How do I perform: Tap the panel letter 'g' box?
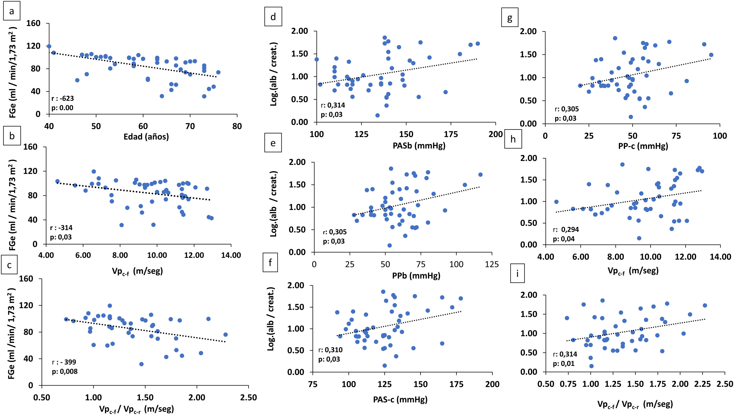click(x=510, y=18)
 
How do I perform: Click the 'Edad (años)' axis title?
click(x=146, y=137)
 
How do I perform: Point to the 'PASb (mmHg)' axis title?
click(x=419, y=146)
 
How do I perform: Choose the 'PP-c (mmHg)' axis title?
click(x=643, y=146)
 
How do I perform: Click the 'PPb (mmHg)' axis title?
click(x=416, y=275)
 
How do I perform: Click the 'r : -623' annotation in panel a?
click(x=62, y=99)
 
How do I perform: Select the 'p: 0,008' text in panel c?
click(x=64, y=371)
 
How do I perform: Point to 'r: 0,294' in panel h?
click(x=566, y=230)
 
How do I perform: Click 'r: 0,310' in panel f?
click(x=330, y=350)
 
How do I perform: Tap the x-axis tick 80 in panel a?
click(x=237, y=126)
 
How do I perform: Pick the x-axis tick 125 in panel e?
click(x=492, y=264)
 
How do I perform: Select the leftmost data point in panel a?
click(x=49, y=46)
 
